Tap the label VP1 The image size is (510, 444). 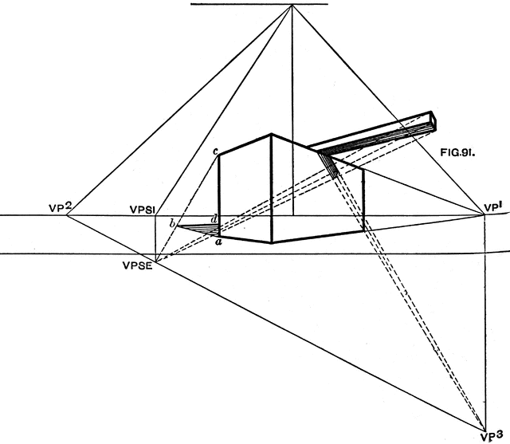point(494,208)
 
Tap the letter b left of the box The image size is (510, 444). point(171,222)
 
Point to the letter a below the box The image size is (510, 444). point(218,242)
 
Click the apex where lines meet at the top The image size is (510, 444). point(292,6)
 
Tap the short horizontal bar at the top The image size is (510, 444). point(259,5)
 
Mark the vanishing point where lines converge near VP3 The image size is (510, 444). point(485,424)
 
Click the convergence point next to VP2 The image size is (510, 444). point(65,215)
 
